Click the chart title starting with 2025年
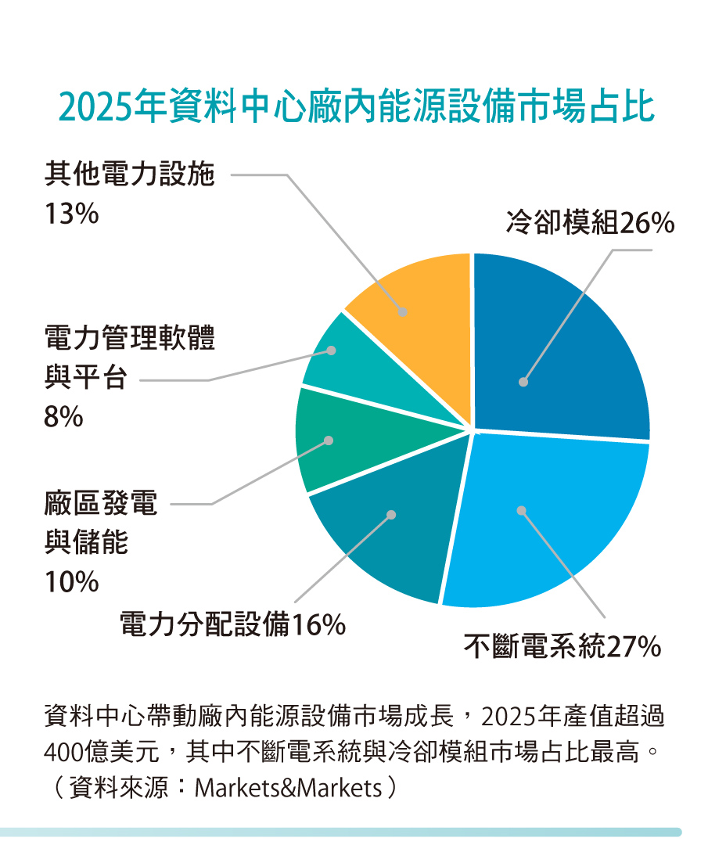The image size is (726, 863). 356,108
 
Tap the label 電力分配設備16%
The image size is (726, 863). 232,625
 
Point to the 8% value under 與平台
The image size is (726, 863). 63,418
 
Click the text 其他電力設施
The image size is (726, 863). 129,174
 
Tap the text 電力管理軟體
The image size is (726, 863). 129,340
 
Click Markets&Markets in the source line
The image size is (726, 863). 287,787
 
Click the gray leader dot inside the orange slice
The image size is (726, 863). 403,311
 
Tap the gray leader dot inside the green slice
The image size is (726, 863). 329,440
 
